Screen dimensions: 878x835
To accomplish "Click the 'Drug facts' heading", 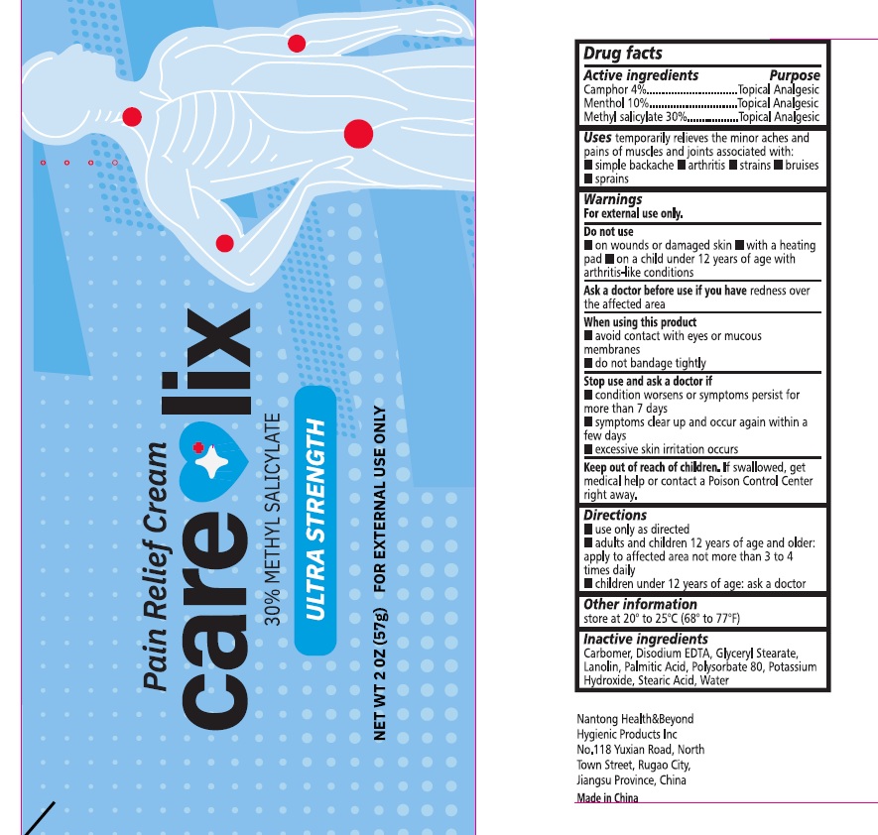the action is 623,54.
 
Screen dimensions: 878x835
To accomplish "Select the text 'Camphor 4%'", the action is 615,89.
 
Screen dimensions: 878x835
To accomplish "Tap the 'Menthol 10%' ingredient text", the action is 616,103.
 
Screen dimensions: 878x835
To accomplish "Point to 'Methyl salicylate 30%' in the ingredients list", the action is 635,117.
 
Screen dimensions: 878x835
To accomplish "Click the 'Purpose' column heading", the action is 795,75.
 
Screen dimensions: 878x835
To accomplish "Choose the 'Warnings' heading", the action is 612,199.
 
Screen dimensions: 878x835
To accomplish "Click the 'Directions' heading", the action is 615,515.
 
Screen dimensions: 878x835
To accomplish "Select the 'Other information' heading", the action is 640,604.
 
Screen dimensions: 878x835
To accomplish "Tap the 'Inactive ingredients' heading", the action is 646,639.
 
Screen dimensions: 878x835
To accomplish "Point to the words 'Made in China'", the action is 607,797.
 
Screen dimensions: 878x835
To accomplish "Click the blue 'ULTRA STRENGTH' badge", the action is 315,520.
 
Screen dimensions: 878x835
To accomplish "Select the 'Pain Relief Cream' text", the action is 155,566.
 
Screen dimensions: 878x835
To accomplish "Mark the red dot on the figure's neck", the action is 132,117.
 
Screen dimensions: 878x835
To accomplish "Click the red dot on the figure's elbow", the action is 297,43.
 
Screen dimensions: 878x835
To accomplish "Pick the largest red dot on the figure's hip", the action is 358,134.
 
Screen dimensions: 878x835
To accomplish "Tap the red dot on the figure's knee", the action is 224,243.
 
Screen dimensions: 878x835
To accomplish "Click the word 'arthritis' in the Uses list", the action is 706,165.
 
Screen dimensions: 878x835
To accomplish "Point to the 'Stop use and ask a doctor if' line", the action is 648,381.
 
